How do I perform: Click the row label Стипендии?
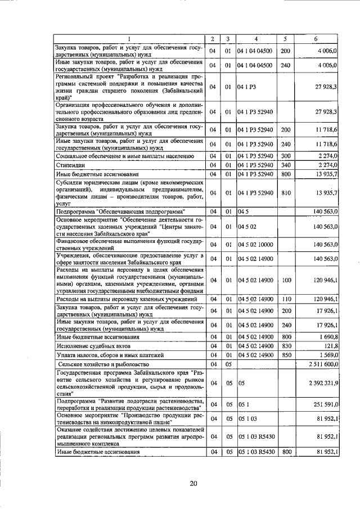70,165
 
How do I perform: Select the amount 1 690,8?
327,336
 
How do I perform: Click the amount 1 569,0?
327,355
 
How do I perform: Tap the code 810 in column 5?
285,193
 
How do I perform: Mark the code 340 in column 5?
285,165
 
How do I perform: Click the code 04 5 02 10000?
255,245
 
